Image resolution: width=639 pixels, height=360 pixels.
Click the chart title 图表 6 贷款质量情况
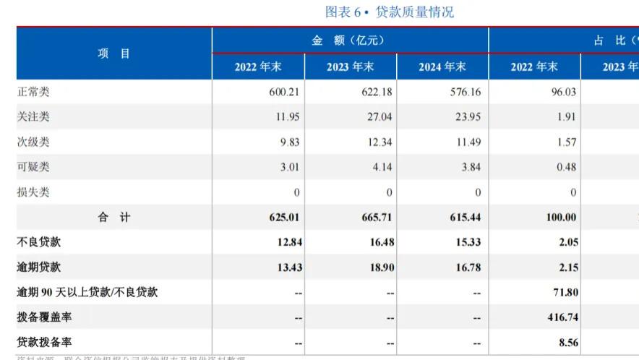390,12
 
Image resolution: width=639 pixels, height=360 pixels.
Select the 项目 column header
114,53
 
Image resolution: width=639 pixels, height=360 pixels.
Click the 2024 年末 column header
442,67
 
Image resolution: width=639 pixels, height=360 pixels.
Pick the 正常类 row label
33,92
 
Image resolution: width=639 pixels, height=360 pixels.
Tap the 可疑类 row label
33,167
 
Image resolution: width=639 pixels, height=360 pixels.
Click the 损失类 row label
33,192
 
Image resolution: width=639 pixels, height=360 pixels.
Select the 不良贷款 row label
39,242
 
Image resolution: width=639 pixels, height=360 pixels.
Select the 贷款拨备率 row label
44,342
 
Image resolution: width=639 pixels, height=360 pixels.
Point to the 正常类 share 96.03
564,93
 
